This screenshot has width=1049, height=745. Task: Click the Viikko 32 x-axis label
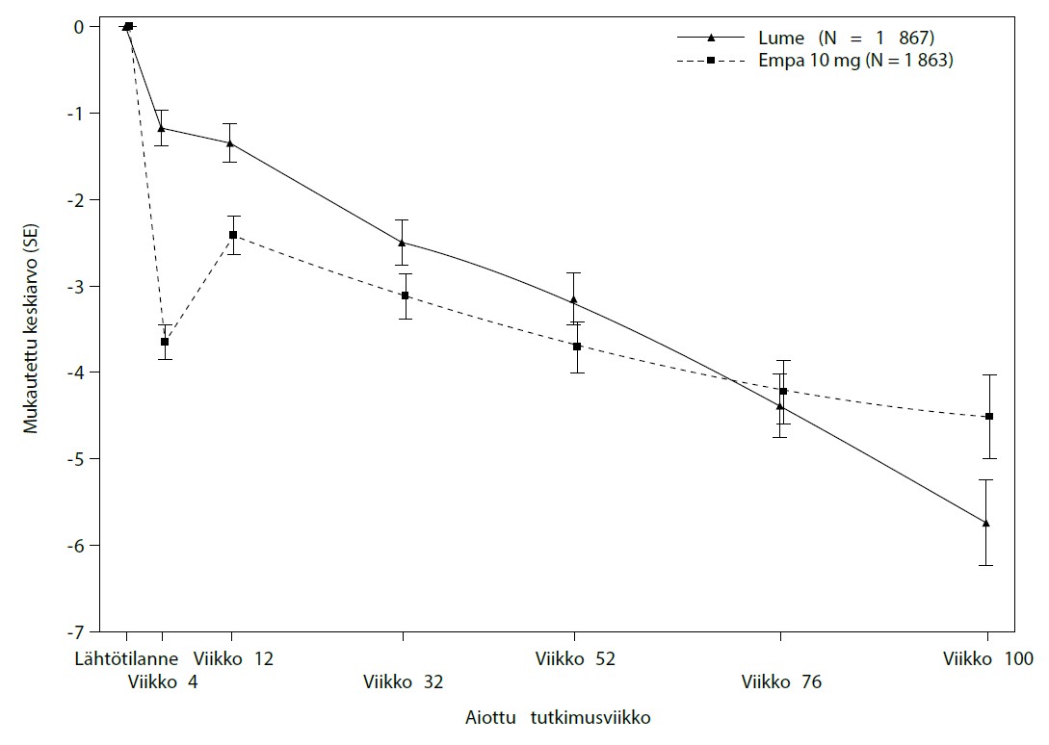[x=403, y=682]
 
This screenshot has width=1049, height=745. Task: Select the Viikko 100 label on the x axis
[x=987, y=659]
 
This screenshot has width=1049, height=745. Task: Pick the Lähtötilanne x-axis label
[x=127, y=659]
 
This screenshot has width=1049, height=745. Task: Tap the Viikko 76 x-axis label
[x=781, y=682]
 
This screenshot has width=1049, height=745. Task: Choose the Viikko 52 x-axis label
[x=575, y=659]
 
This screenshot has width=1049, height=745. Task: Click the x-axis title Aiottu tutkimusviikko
[x=559, y=717]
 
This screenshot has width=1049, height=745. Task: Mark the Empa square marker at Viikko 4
[x=165, y=342]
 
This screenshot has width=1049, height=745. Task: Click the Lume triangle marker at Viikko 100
[x=985, y=523]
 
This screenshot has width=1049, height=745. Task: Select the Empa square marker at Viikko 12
[x=233, y=235]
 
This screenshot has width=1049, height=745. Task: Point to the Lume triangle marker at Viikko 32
[x=402, y=242]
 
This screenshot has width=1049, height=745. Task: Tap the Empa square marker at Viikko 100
[x=989, y=417]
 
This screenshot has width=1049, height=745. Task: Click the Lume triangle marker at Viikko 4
[x=162, y=127]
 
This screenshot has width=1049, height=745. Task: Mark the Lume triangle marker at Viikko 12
[x=229, y=142]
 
